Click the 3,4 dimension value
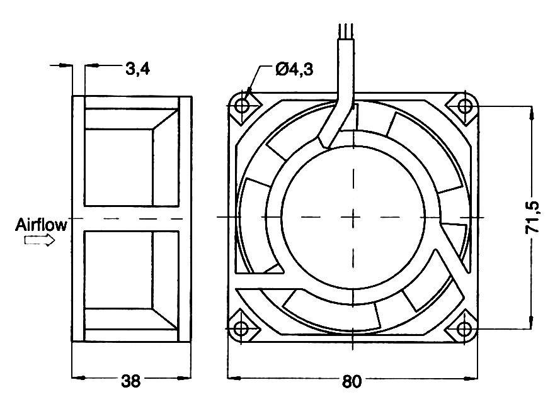click(x=137, y=69)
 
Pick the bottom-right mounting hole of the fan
click(x=464, y=328)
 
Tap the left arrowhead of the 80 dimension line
click(x=232, y=378)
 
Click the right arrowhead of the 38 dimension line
click(x=186, y=378)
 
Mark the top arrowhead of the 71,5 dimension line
click(x=532, y=111)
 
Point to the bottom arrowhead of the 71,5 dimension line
click(x=532, y=323)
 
